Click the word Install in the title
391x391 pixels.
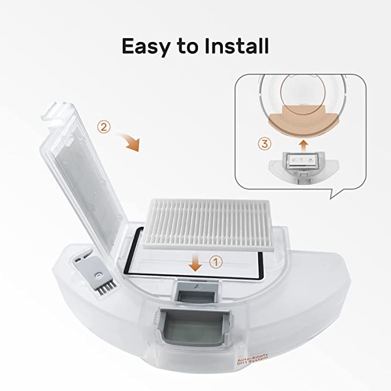point(238,46)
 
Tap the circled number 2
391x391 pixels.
point(104,127)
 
